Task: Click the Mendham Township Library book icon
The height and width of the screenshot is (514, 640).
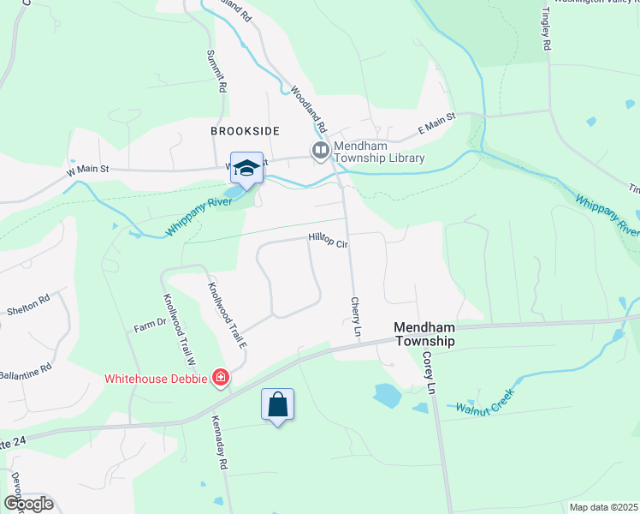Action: tap(321, 152)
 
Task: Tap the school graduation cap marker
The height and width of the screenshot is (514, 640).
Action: tap(246, 168)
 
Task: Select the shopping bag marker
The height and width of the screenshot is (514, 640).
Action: tap(278, 404)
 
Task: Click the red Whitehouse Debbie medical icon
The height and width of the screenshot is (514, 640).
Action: tap(220, 378)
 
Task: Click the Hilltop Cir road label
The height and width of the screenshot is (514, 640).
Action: tap(328, 243)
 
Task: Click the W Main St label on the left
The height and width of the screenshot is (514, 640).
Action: tap(88, 170)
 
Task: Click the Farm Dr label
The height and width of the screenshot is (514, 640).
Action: tap(148, 327)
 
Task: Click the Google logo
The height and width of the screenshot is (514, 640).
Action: tap(28, 504)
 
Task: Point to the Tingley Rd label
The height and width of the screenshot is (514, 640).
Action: tap(543, 29)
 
